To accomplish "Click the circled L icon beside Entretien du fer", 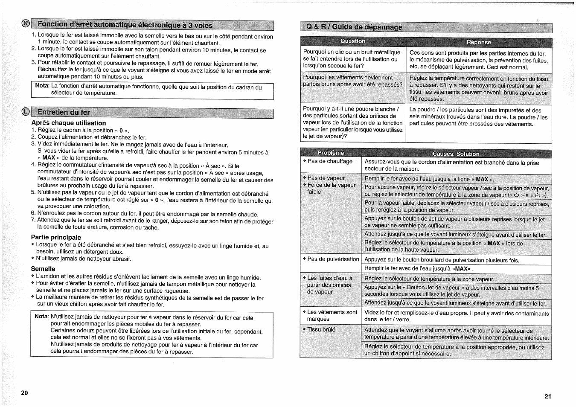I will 26,112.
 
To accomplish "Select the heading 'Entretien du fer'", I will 64,113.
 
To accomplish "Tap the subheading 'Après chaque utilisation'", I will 68,123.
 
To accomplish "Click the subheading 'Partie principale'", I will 56,237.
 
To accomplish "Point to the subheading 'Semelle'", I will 43,269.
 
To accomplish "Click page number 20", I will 24,393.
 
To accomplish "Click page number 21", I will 548,396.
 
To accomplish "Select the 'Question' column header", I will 353,41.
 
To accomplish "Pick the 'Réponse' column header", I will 479,42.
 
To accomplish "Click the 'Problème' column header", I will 331,153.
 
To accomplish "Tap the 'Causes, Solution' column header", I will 456,154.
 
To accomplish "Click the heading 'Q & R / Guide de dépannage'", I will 354,27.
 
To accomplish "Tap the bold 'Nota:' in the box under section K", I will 42,86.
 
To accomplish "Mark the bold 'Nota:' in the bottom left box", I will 41,316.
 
